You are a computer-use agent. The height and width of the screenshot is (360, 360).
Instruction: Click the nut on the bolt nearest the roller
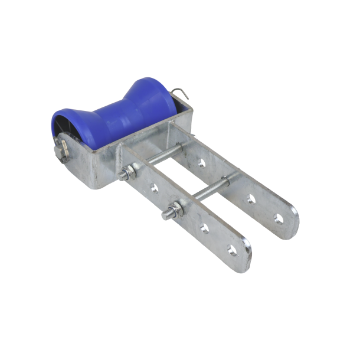[127, 174]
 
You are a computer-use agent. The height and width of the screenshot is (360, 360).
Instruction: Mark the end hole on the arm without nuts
[279, 219]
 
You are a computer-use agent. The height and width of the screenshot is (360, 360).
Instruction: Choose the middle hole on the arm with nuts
[204, 228]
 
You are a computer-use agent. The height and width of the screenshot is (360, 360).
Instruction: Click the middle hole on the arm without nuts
[251, 199]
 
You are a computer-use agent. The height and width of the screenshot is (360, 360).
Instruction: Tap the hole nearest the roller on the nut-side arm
[155, 188]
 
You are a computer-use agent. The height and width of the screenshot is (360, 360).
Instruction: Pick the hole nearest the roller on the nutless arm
[202, 162]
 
